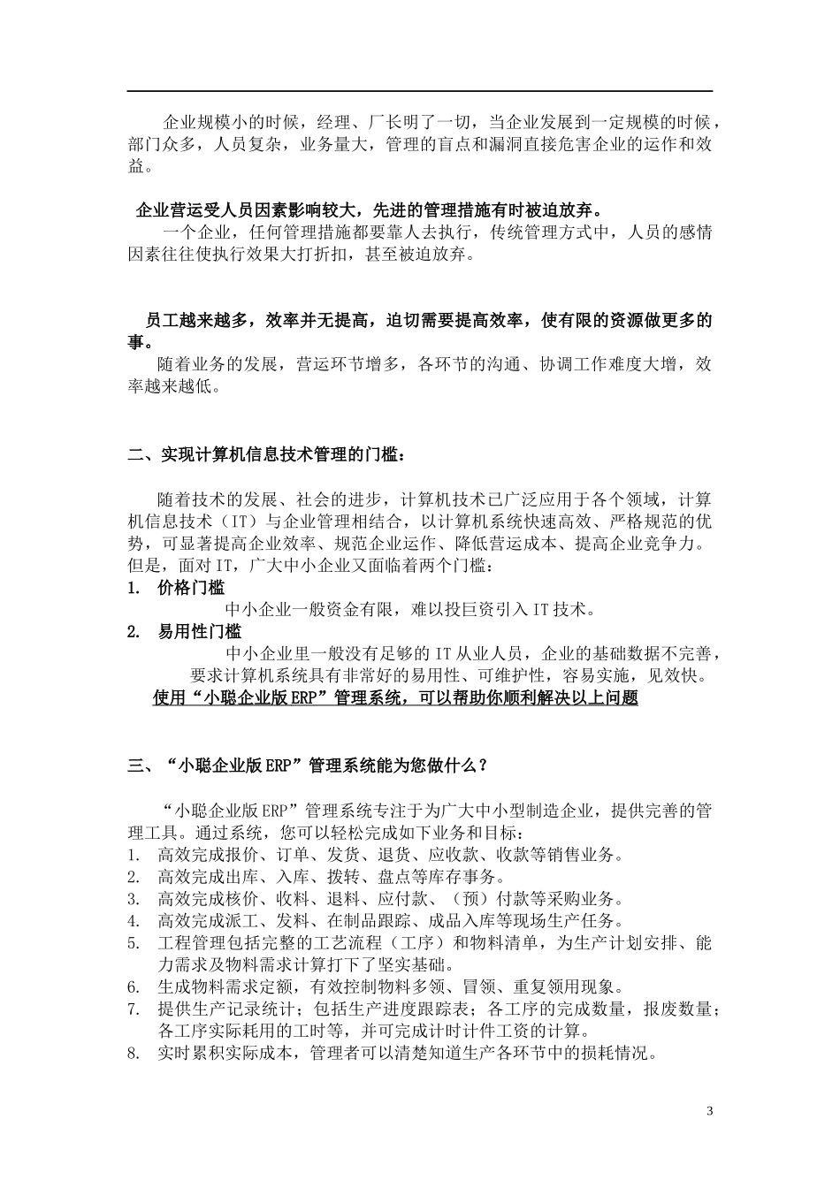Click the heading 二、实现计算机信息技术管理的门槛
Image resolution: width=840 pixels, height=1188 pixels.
(267, 456)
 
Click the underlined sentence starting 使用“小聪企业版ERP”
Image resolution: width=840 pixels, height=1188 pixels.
(395, 698)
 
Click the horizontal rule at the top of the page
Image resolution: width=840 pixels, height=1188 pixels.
(420, 91)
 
